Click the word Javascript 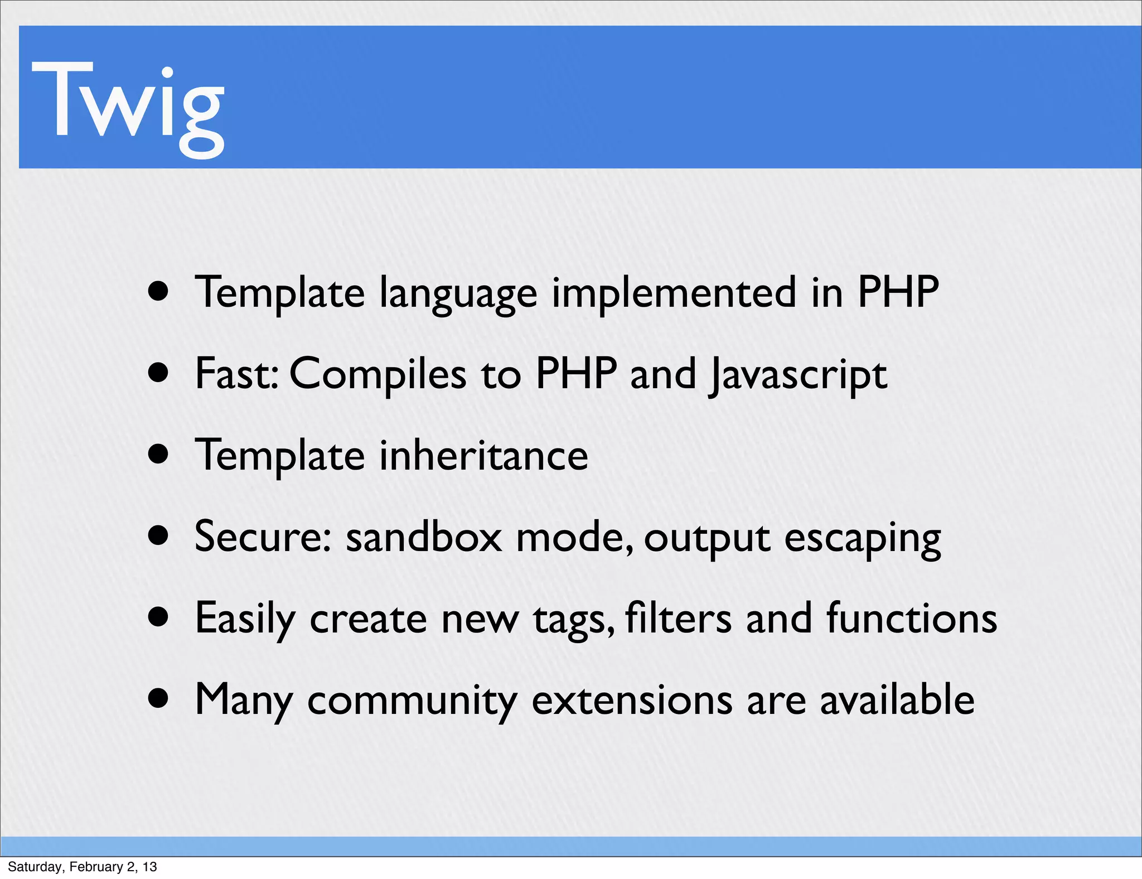pos(798,375)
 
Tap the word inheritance pos(483,456)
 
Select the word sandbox pos(424,537)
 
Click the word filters pos(678,618)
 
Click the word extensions pos(632,699)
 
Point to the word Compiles pos(378,375)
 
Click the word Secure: pos(263,537)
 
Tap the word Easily pos(245,619)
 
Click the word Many pos(244,701)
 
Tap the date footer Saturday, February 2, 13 pos(82,867)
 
